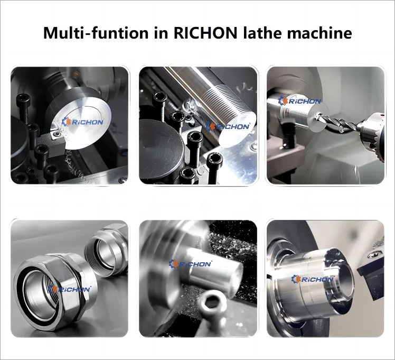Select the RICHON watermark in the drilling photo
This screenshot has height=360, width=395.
click(x=300, y=100)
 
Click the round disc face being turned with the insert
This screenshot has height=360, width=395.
click(x=84, y=114)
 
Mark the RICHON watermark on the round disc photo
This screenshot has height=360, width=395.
click(x=84, y=122)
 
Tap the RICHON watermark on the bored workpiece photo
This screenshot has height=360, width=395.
click(x=313, y=279)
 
